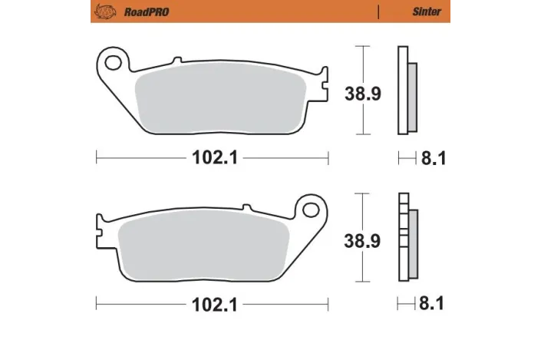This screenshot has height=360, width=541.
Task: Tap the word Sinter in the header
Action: [x=427, y=12]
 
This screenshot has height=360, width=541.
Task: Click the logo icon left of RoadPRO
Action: [x=105, y=12]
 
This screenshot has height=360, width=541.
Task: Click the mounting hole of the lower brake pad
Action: [x=310, y=208]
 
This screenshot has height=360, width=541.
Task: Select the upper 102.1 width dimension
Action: [x=212, y=158]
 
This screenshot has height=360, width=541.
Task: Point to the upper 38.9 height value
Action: [x=361, y=94]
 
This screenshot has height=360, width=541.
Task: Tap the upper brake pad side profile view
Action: [x=406, y=91]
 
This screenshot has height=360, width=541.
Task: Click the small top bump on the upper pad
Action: [x=177, y=61]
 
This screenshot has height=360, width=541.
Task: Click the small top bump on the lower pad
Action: [x=247, y=206]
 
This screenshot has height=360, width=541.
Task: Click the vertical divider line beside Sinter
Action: [x=379, y=12]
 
